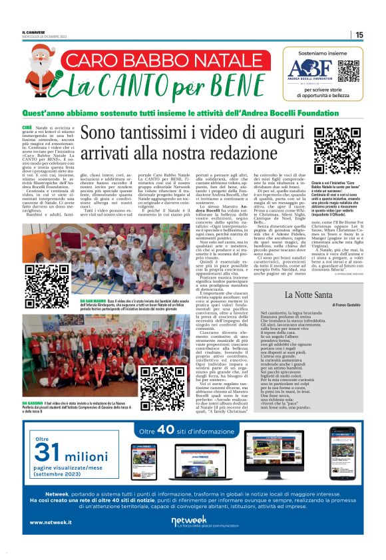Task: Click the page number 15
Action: coord(359,35)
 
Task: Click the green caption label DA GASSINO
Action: coord(34,403)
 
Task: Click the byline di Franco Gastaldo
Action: coord(344,304)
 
